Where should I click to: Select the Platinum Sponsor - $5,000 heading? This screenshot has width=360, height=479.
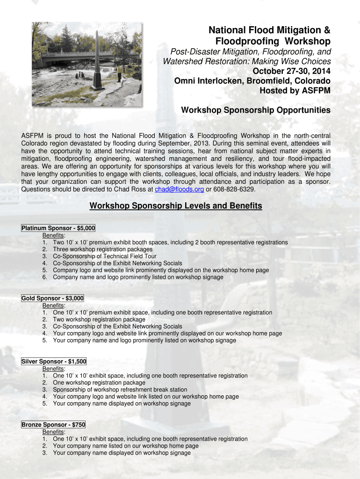tap(58, 228)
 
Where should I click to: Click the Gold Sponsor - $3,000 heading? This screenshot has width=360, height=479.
tap(52, 298)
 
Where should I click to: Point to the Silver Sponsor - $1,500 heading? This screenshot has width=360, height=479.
tap(54, 362)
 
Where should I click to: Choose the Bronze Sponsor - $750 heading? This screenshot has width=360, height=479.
tap(53, 425)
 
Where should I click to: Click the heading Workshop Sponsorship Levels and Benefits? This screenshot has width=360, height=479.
tap(176, 206)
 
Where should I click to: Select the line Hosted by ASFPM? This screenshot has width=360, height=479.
tap(295, 91)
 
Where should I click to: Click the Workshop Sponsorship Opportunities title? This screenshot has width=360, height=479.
tap(255, 110)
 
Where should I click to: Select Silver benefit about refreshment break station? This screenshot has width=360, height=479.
tap(120, 390)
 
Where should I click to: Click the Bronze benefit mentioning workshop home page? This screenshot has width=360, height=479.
tap(125, 446)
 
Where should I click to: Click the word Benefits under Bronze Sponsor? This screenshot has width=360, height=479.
tap(53, 432)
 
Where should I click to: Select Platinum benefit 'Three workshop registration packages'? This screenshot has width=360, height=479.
tap(102, 249)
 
